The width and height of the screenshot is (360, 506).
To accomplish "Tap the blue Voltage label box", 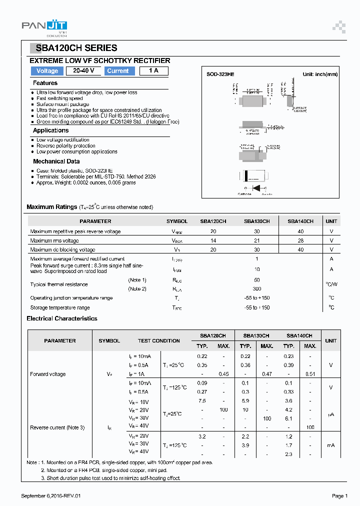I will point(47,71).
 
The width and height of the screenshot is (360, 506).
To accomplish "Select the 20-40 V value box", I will point(84,71).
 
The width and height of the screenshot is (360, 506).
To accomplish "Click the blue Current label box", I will point(118,71).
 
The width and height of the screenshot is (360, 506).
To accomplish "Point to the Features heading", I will point(45,83).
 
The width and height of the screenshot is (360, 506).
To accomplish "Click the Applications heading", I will point(50,130).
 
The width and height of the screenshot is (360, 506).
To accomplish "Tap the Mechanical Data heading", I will point(56,161).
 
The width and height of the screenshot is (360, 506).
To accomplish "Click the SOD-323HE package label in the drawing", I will point(220,74).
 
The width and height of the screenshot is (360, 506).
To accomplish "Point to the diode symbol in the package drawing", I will point(257,187).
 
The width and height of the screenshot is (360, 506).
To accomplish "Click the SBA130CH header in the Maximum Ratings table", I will point(256,221).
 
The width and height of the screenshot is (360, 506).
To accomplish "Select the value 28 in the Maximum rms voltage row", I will point(300,240).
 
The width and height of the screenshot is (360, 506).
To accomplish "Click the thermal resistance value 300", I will point(257,289).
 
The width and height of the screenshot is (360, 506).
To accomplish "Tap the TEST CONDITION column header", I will point(159,341).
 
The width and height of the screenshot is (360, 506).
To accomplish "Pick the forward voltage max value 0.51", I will point(310,374).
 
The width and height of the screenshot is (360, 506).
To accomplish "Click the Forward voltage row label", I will point(48,374).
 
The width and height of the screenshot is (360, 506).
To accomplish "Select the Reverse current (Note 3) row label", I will point(57,427).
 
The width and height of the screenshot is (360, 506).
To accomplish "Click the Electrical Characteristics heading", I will point(62,318).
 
